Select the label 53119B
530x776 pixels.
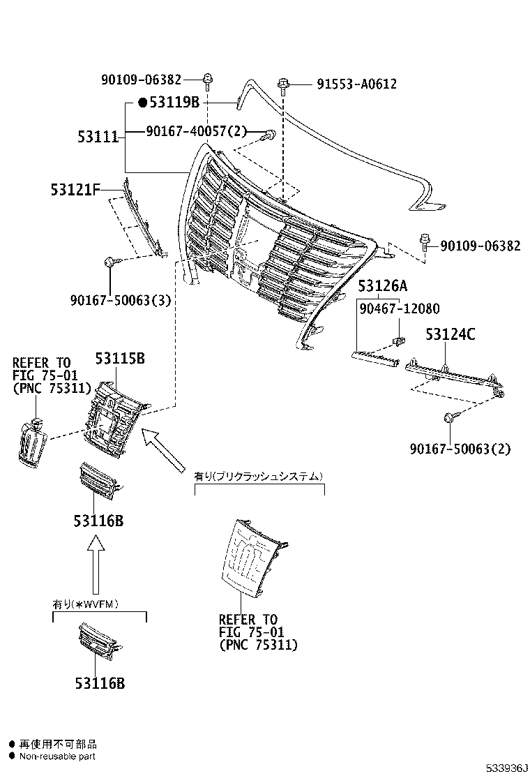click(x=174, y=103)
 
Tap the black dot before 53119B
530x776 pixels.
click(x=142, y=103)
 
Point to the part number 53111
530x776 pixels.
click(x=98, y=137)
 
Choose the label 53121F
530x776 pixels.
click(x=75, y=189)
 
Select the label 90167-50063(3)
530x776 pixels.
click(x=121, y=300)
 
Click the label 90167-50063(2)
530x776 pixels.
click(x=460, y=449)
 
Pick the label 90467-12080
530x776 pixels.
click(x=400, y=308)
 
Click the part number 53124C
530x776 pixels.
click(x=450, y=335)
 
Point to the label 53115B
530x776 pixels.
click(x=120, y=359)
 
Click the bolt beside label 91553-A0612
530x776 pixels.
click(x=283, y=85)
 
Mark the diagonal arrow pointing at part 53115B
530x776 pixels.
click(x=163, y=450)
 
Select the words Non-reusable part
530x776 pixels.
click(x=56, y=756)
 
